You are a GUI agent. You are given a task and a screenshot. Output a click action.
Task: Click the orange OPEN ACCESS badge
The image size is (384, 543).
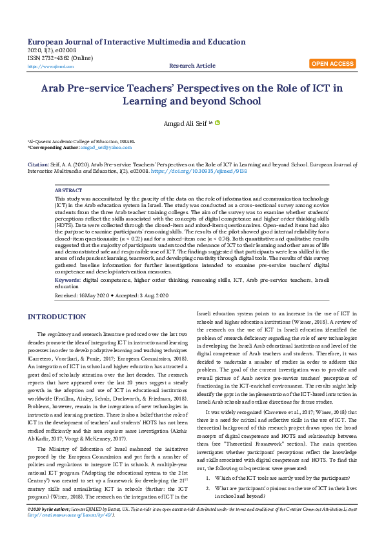click(332, 64)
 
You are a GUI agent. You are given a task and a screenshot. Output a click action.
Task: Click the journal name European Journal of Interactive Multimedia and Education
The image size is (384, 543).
click(137, 41)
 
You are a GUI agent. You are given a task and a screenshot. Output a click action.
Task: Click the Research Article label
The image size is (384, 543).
click(192, 66)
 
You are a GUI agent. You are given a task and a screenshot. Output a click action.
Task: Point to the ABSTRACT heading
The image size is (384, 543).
click(68, 191)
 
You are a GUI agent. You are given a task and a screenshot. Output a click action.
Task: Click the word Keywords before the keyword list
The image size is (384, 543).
click(68, 281)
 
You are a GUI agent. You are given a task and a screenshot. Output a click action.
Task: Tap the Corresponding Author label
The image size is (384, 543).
click(49, 148)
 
